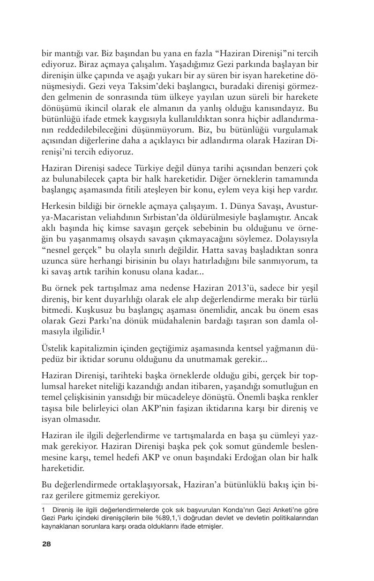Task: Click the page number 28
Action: pos(46,544)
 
